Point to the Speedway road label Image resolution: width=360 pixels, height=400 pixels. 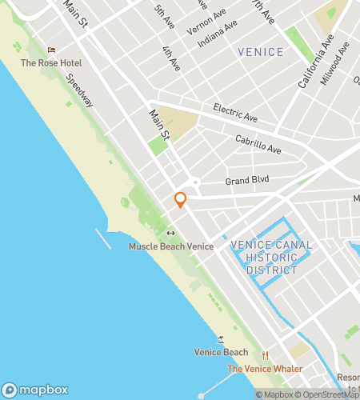[80, 92]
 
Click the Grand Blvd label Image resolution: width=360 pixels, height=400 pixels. [247, 179]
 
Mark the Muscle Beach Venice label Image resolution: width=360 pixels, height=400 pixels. [170, 246]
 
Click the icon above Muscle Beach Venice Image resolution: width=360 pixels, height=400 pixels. [170, 234]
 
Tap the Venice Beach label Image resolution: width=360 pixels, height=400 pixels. [221, 352]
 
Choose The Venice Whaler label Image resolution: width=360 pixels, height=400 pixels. [265, 369]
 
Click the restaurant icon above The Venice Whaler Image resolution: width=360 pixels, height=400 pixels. [265, 356]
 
